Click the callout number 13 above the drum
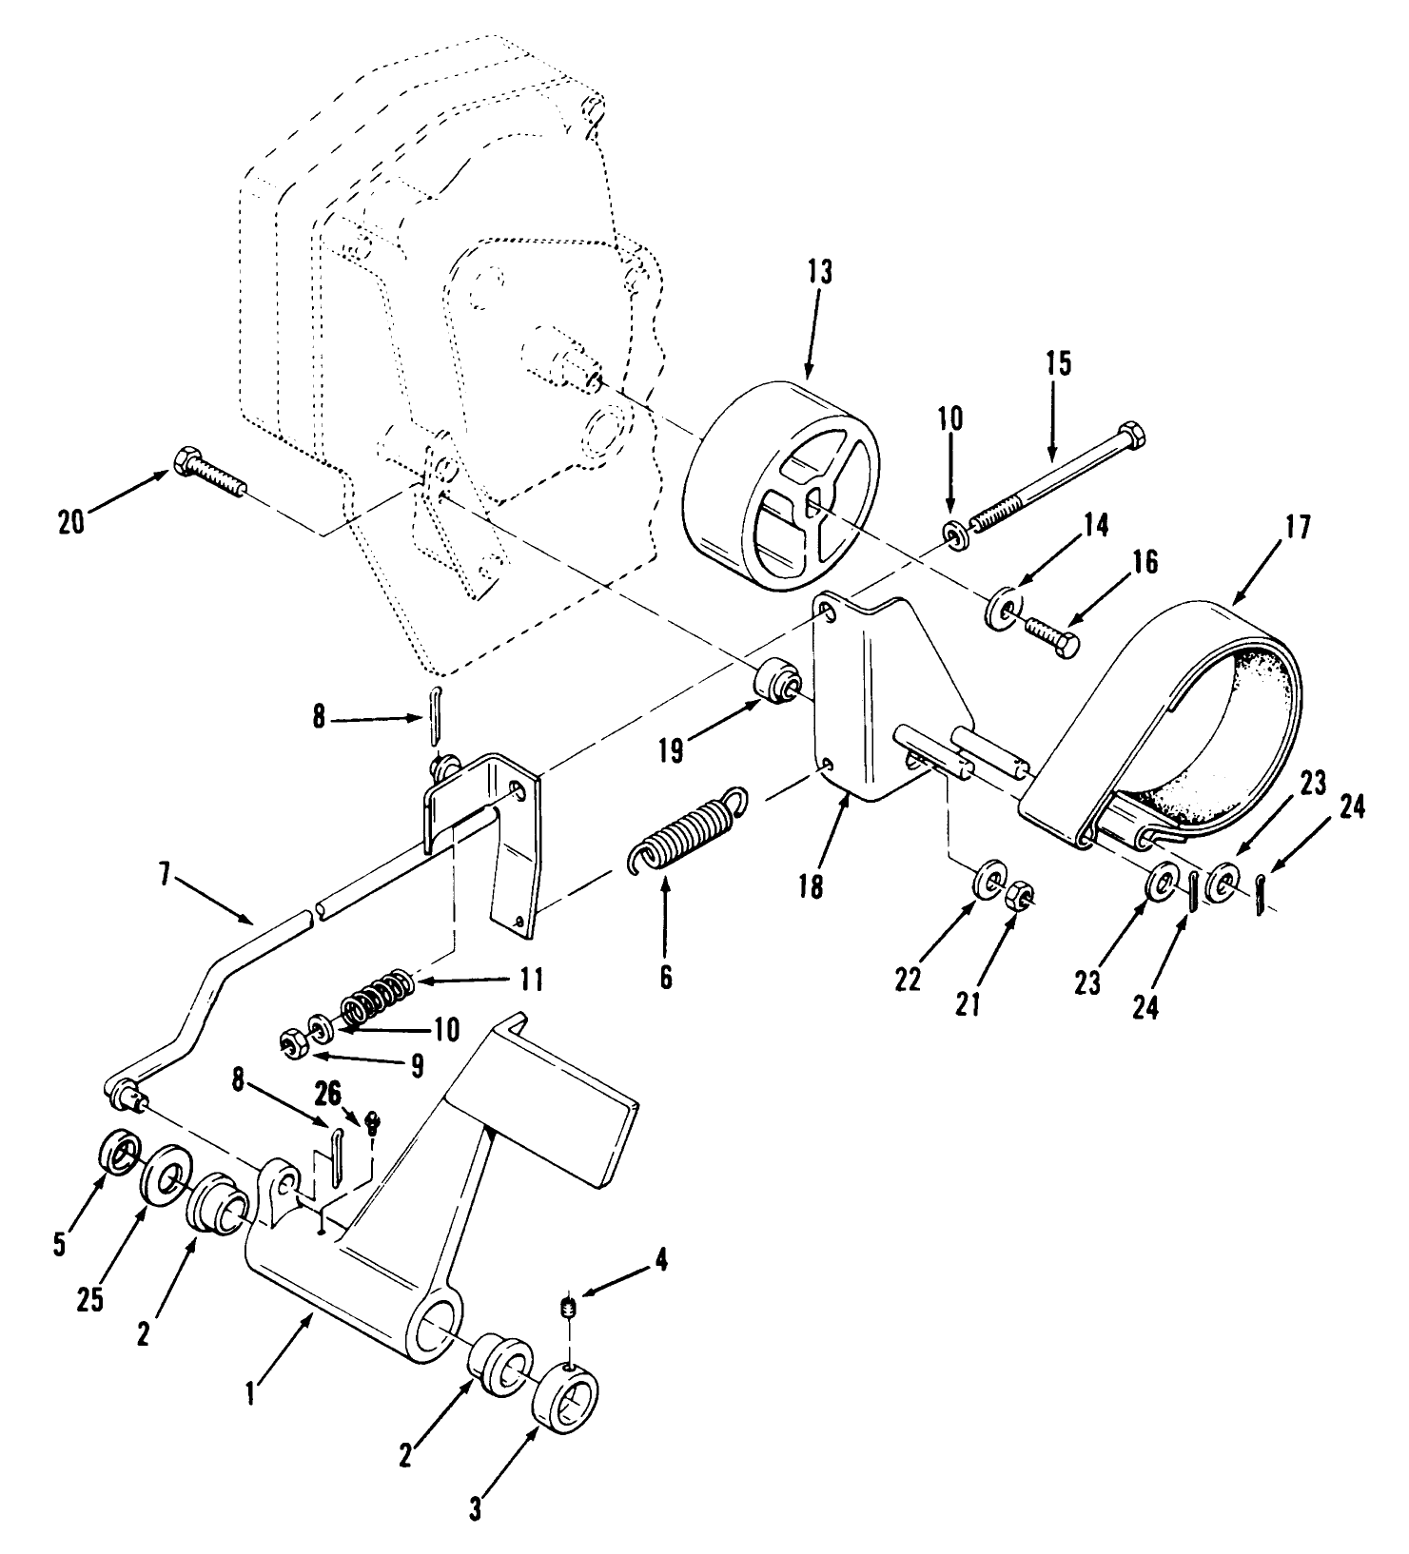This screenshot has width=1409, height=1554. click(x=819, y=273)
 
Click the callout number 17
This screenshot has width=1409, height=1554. click(x=1300, y=528)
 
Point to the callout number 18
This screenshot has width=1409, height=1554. click(x=811, y=888)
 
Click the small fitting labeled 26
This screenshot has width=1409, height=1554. click(x=373, y=1123)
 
